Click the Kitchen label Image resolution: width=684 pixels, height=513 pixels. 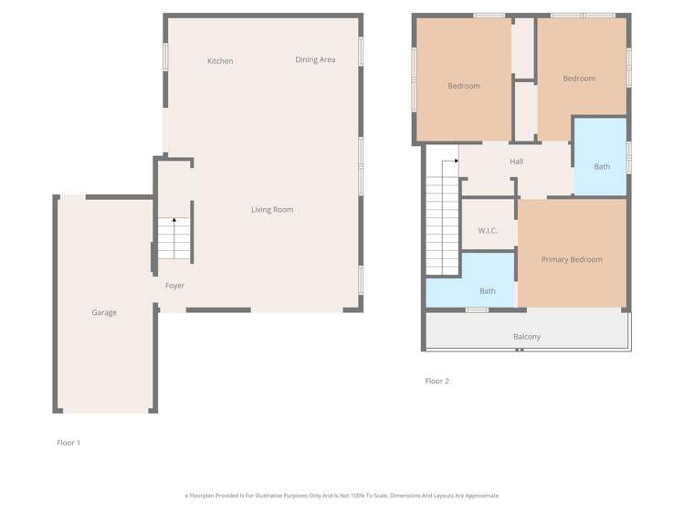[220, 61]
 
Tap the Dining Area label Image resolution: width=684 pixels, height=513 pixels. [315, 60]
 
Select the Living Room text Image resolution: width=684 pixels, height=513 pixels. [272, 210]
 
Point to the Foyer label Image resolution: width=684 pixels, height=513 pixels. [174, 286]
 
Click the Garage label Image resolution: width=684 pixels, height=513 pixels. [104, 313]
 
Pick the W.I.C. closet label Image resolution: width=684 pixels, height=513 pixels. [488, 231]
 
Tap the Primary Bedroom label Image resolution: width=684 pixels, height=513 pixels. [572, 260]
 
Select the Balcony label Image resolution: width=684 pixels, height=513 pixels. [527, 337]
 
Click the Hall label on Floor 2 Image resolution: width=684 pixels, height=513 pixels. [516, 162]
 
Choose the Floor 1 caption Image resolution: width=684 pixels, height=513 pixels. [68, 443]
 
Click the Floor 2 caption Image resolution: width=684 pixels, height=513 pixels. [437, 382]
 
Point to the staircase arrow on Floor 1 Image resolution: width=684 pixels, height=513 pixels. [174, 220]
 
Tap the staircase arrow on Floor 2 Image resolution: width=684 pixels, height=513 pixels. [454, 161]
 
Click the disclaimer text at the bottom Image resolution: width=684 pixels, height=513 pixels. [342, 496]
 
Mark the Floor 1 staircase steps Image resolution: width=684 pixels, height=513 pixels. [174, 242]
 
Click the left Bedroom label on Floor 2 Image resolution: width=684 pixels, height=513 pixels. [464, 87]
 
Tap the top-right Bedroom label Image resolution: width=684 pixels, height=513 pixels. [579, 79]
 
